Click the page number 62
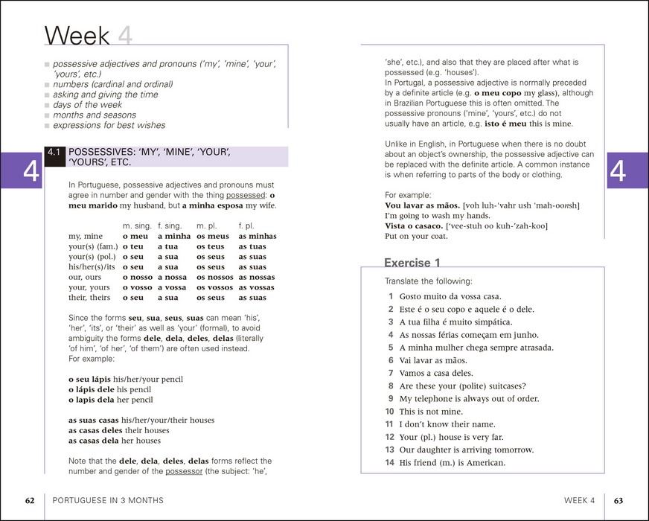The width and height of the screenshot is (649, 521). click(x=30, y=500)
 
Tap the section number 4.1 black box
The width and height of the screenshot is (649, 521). click(x=54, y=156)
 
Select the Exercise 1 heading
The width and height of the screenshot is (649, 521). click(x=412, y=263)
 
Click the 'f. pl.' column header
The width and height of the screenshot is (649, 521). click(x=247, y=226)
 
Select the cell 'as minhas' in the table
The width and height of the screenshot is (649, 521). click(x=257, y=236)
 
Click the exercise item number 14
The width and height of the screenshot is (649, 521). click(x=389, y=462)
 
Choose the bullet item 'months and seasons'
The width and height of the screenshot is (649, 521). click(x=94, y=115)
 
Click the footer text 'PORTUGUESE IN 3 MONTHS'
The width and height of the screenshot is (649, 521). click(x=108, y=500)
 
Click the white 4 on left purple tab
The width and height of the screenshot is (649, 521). click(x=31, y=170)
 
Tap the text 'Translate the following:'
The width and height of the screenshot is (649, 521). click(x=428, y=281)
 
